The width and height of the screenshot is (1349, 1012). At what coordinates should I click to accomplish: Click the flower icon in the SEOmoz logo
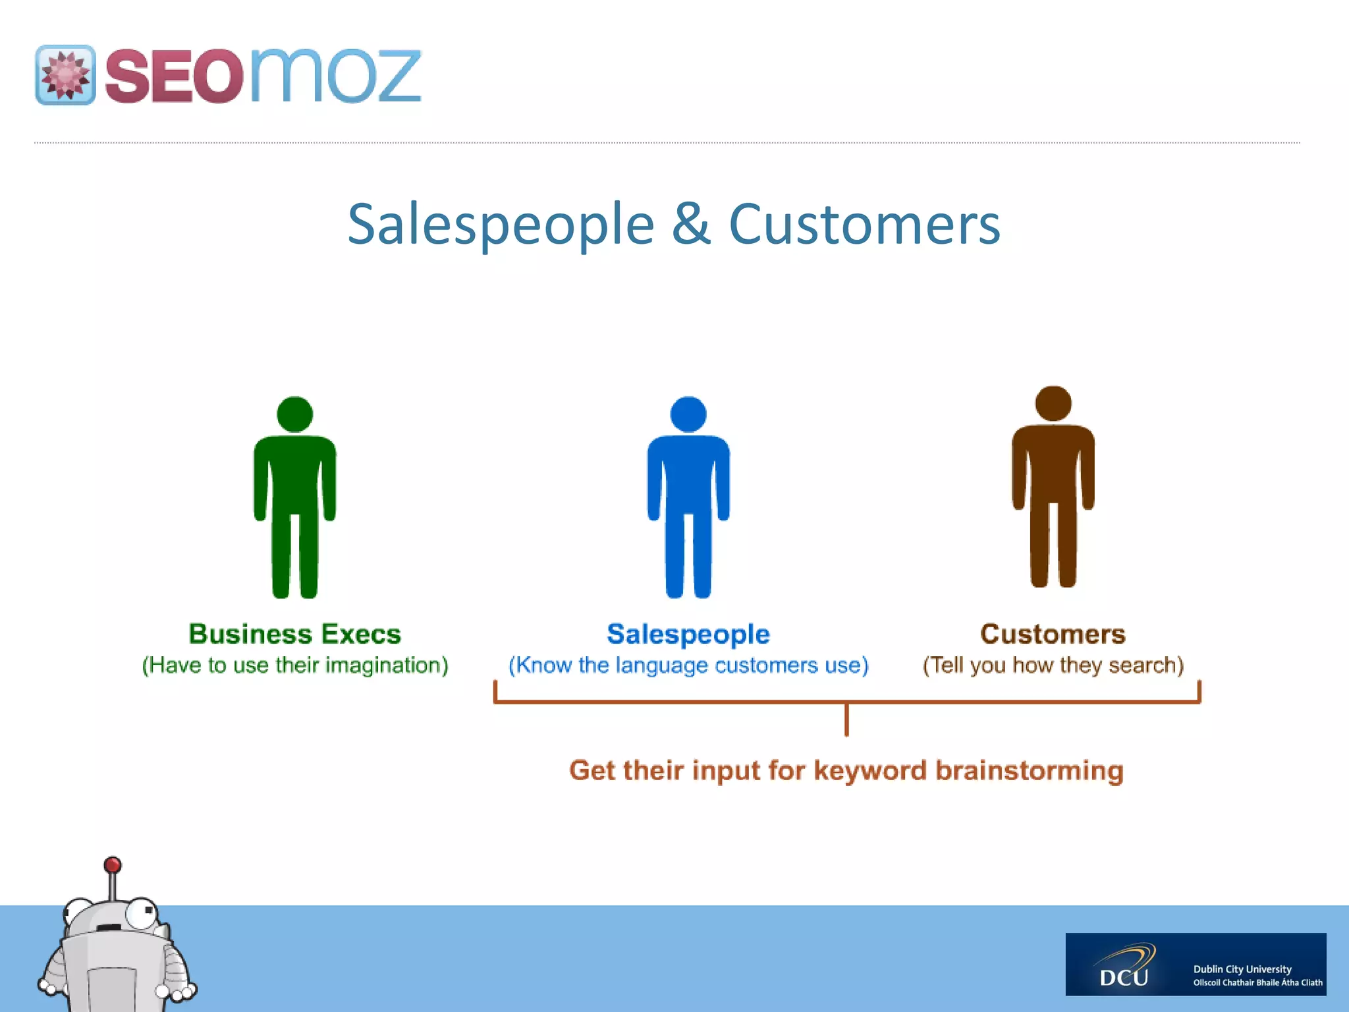(65, 75)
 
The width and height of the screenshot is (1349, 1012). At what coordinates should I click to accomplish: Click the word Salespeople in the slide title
(501, 225)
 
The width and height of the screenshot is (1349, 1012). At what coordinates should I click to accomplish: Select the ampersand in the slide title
(691, 224)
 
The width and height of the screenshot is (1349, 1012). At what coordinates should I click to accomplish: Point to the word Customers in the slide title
(864, 224)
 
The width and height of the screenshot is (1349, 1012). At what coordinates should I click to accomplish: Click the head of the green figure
(294, 414)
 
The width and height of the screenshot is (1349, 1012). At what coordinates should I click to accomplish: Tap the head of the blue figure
(688, 414)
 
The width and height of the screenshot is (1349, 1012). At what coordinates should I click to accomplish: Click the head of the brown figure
(1053, 403)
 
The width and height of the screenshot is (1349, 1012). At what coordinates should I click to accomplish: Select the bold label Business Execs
(294, 634)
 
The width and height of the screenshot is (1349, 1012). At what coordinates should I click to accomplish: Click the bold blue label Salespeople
(688, 634)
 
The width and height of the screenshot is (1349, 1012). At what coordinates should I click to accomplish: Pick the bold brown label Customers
(1053, 634)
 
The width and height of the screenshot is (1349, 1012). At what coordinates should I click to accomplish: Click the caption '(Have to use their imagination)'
(294, 665)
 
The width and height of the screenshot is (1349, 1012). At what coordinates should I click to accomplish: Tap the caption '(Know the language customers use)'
(688, 665)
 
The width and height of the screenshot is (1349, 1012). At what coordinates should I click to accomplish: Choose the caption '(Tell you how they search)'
(1053, 665)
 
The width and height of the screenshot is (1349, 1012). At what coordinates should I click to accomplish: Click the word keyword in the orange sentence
(869, 771)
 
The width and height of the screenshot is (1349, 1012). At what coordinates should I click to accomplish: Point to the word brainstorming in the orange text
(1029, 771)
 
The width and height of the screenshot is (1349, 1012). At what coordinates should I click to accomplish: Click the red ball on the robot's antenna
(113, 864)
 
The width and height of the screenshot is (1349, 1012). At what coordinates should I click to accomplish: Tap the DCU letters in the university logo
(1124, 976)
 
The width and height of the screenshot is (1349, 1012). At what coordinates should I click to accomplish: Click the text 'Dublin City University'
(1242, 969)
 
